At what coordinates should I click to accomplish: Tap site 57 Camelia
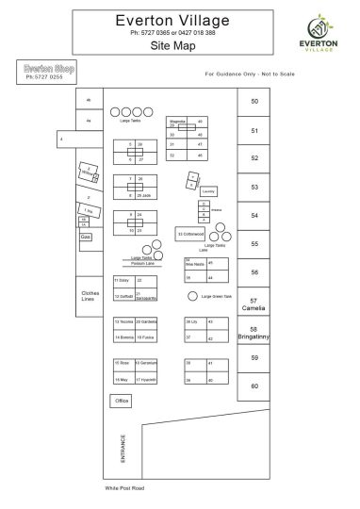click(254, 304)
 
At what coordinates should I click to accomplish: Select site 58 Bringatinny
click(254, 331)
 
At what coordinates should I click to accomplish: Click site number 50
click(254, 101)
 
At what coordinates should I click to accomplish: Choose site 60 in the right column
click(254, 386)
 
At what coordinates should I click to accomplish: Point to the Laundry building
click(208, 190)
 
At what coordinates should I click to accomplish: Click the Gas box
click(85, 237)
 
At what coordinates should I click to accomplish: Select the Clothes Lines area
click(90, 294)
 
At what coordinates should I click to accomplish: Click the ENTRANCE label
click(122, 448)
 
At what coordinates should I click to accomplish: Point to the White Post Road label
click(125, 489)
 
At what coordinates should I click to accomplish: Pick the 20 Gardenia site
click(145, 321)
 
